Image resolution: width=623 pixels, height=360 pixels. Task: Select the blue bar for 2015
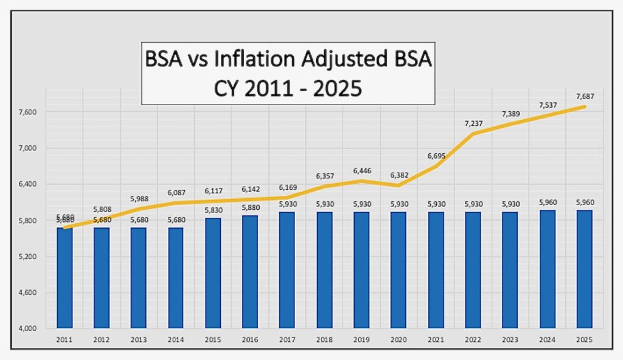213,273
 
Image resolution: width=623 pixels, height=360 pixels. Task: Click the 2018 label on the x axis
324,339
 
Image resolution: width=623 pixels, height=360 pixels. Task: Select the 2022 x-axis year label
473,339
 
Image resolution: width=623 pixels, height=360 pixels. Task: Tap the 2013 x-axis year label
139,339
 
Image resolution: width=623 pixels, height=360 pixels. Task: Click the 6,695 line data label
436,156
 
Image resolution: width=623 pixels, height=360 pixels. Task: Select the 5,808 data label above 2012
102,209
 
